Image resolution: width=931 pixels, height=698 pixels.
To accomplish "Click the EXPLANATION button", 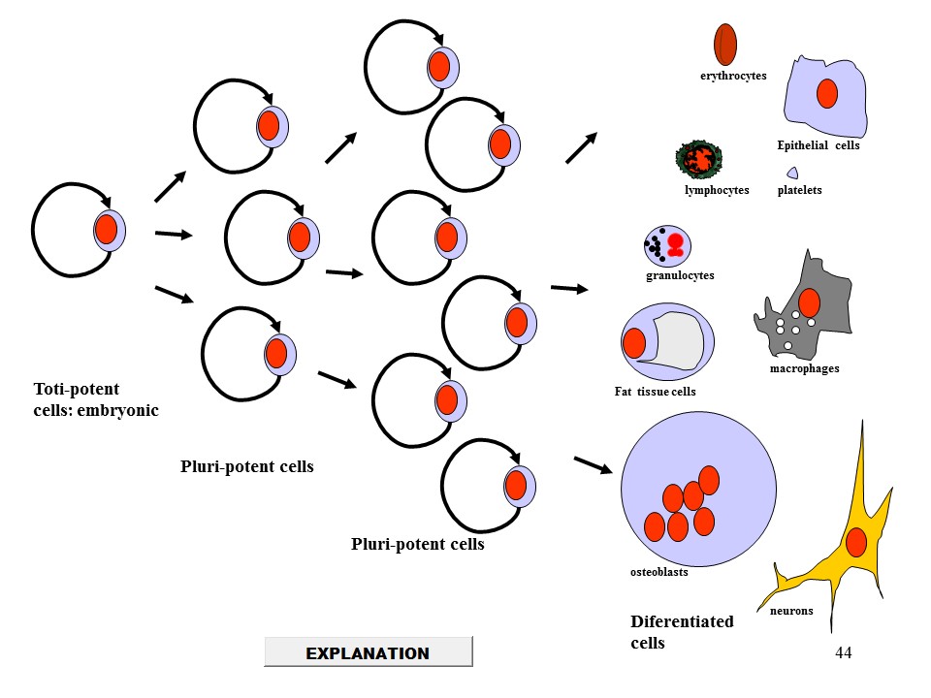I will (368, 652).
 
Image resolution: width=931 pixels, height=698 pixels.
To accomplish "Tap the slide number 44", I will (843, 653).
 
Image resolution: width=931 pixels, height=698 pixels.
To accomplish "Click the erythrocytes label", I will (733, 76).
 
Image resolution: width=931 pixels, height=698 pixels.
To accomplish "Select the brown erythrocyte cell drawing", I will (725, 44).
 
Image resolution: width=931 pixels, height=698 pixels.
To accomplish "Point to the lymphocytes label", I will (717, 190).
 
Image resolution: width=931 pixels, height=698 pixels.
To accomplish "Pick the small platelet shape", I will (792, 173).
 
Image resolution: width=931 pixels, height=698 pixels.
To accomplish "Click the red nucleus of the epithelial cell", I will (826, 94).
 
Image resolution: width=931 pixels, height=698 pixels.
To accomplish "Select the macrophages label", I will (804, 368).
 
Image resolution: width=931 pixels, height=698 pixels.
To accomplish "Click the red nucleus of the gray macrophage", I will (809, 303).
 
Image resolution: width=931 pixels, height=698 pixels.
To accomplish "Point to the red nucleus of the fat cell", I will (635, 343).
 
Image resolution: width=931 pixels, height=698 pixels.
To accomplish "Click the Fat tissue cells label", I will (655, 392).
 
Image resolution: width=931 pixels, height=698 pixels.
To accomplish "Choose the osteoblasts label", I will (658, 572).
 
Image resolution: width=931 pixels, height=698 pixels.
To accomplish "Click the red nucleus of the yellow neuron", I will (855, 543).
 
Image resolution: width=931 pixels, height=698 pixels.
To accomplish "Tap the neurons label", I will (791, 611).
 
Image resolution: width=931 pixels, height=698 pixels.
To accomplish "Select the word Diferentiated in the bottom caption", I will (682, 622).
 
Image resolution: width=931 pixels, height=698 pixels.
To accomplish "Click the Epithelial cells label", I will (819, 145).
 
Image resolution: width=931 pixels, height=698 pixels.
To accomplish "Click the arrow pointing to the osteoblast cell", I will (594, 464).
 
